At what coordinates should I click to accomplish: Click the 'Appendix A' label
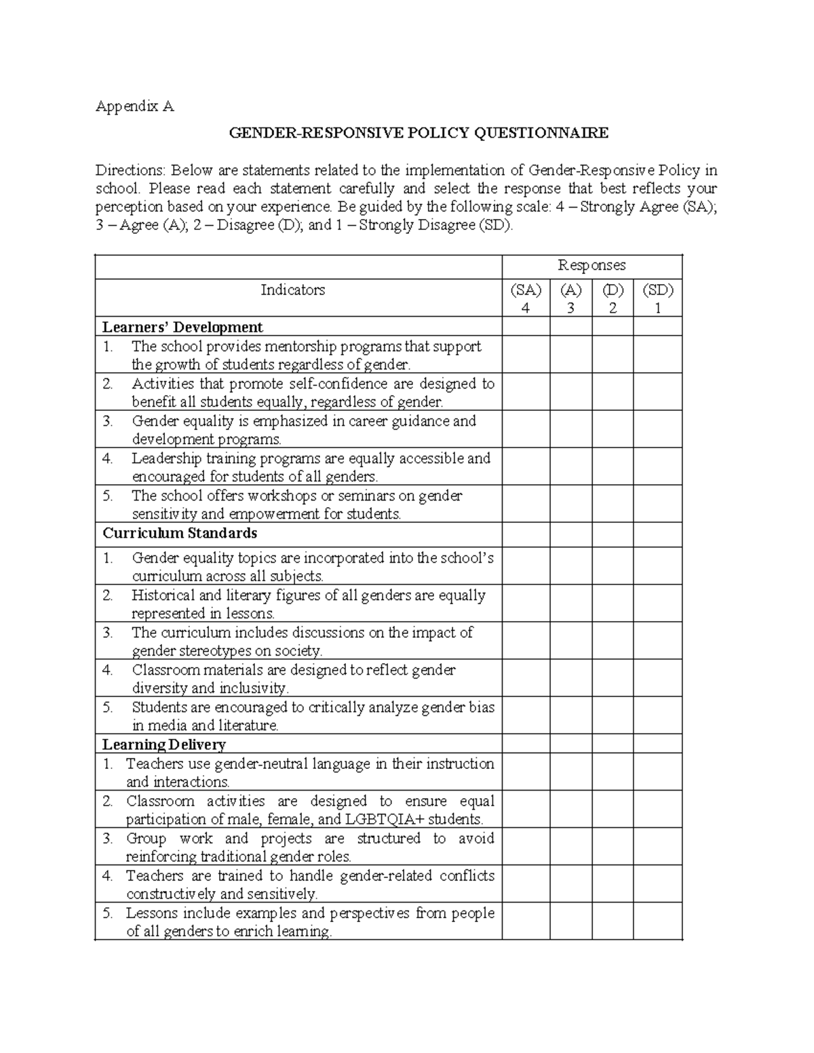coord(134,106)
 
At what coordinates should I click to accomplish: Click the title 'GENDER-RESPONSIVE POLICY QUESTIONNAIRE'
coord(419,133)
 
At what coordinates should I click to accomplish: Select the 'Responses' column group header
coord(592,265)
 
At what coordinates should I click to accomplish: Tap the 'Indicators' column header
coord(293,290)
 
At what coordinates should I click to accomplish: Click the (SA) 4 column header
coord(526,299)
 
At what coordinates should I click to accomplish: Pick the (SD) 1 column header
coord(657,299)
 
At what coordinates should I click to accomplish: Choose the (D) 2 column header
coord(613,299)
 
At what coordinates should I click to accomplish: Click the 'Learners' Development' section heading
coord(182,327)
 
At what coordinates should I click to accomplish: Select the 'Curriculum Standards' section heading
coord(180,534)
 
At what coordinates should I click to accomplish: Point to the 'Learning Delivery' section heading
coord(163,744)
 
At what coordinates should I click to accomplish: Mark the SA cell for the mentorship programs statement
coord(526,355)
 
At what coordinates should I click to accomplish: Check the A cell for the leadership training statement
coord(570,467)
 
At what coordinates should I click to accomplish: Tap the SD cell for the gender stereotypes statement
coord(657,641)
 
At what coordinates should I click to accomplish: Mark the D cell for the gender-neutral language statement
coord(613,772)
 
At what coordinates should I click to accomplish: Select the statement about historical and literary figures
coord(308,604)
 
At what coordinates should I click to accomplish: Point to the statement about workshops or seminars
coord(297,504)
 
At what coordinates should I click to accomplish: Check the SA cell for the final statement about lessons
coord(526,921)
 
